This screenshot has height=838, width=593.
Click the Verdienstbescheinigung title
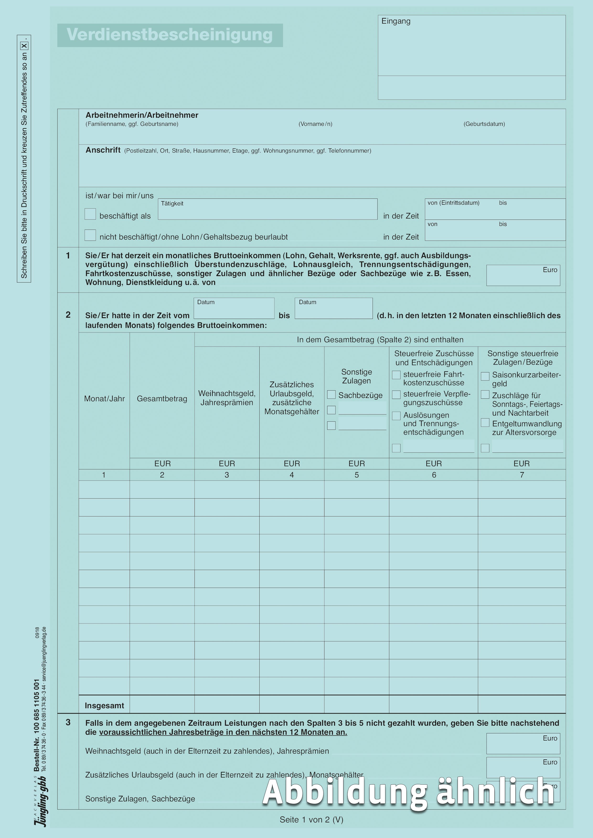point(170,35)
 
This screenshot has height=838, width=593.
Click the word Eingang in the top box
point(396,21)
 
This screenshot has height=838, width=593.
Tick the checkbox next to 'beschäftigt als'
point(90,214)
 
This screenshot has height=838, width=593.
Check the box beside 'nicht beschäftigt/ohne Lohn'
point(90,235)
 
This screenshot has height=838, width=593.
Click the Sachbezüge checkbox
point(331,395)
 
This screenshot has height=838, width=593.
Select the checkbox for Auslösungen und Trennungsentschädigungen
point(396,416)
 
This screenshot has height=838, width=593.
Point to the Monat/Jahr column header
point(104,399)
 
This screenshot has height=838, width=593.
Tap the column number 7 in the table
point(522,475)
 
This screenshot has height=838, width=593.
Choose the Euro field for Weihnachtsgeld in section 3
point(523,744)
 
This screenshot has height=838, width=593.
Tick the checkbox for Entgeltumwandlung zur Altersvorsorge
point(485,423)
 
